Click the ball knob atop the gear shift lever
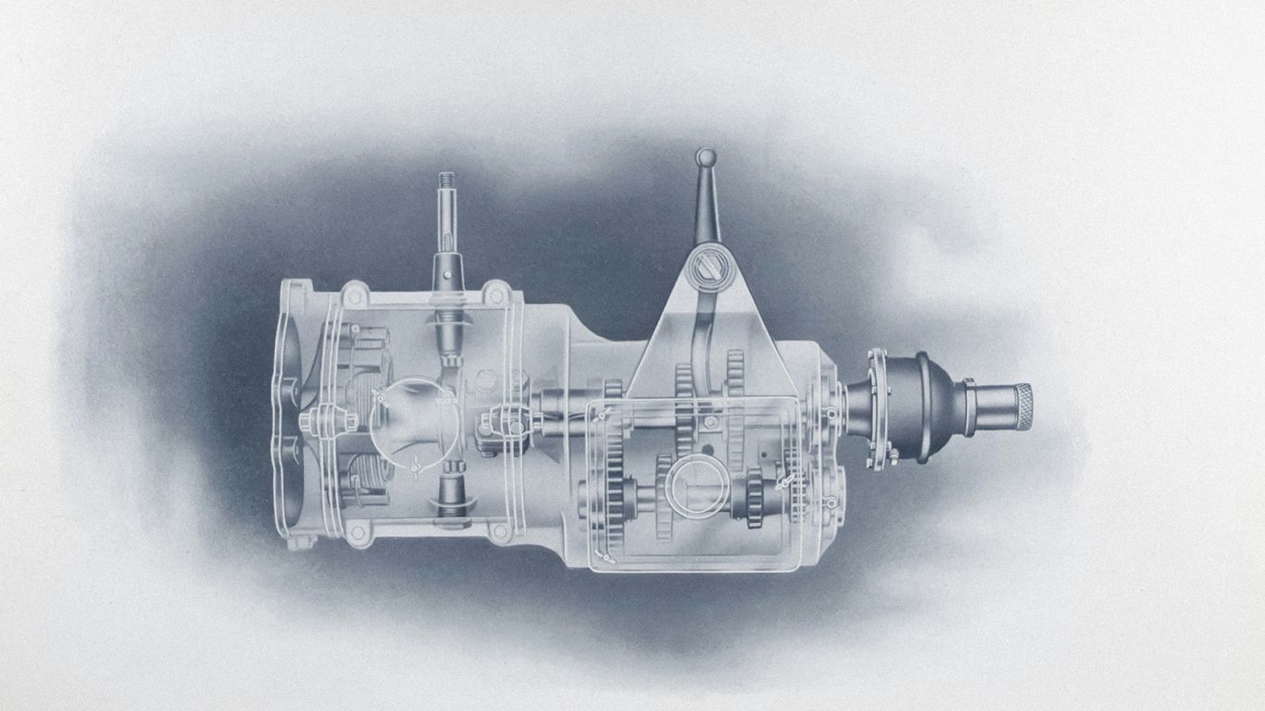point(706,156)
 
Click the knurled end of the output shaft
point(1023,405)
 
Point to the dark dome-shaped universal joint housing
point(917,407)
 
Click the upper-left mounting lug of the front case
point(353,296)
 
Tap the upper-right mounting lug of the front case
point(498,293)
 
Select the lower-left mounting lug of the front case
point(355,530)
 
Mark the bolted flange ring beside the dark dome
point(875,407)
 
